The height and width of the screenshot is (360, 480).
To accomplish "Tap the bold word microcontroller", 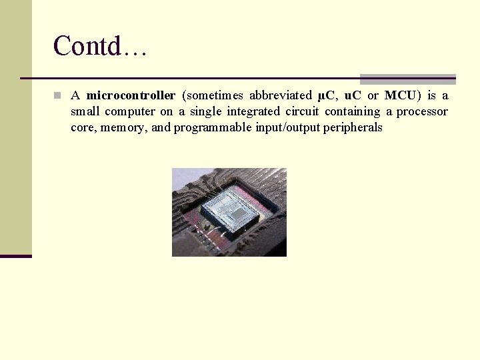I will point(131,95).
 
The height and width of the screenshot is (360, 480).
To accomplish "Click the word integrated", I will point(253,111).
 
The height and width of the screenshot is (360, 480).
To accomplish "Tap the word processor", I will point(422,111).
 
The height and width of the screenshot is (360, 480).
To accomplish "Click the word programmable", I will point(213,127).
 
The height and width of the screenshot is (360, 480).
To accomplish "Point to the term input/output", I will point(287,127).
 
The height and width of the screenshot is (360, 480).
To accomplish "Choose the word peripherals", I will point(353,127).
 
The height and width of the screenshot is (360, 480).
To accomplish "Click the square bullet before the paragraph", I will point(58,95).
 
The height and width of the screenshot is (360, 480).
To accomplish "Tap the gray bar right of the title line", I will point(407,79).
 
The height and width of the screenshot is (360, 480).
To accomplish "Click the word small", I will point(85,111).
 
